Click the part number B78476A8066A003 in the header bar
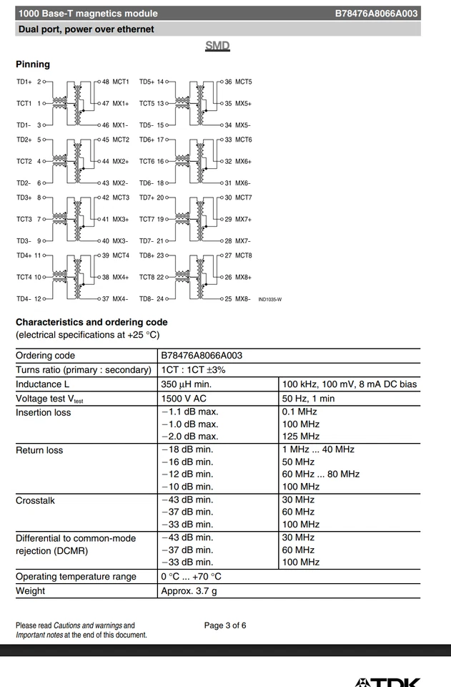point(376,14)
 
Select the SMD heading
point(217,46)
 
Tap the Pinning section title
point(33,64)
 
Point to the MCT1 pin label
point(120,82)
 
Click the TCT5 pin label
point(147,104)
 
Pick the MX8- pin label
point(242,299)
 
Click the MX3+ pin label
point(120,220)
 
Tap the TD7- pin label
point(147,241)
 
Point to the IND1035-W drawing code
point(269,300)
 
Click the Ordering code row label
point(45,356)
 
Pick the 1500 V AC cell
point(184,399)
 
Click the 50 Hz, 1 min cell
point(308,399)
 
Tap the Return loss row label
point(39,450)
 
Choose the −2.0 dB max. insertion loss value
point(189,437)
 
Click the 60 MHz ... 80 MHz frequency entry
point(321,474)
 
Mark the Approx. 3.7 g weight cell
point(189,591)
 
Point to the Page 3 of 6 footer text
point(225,625)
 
